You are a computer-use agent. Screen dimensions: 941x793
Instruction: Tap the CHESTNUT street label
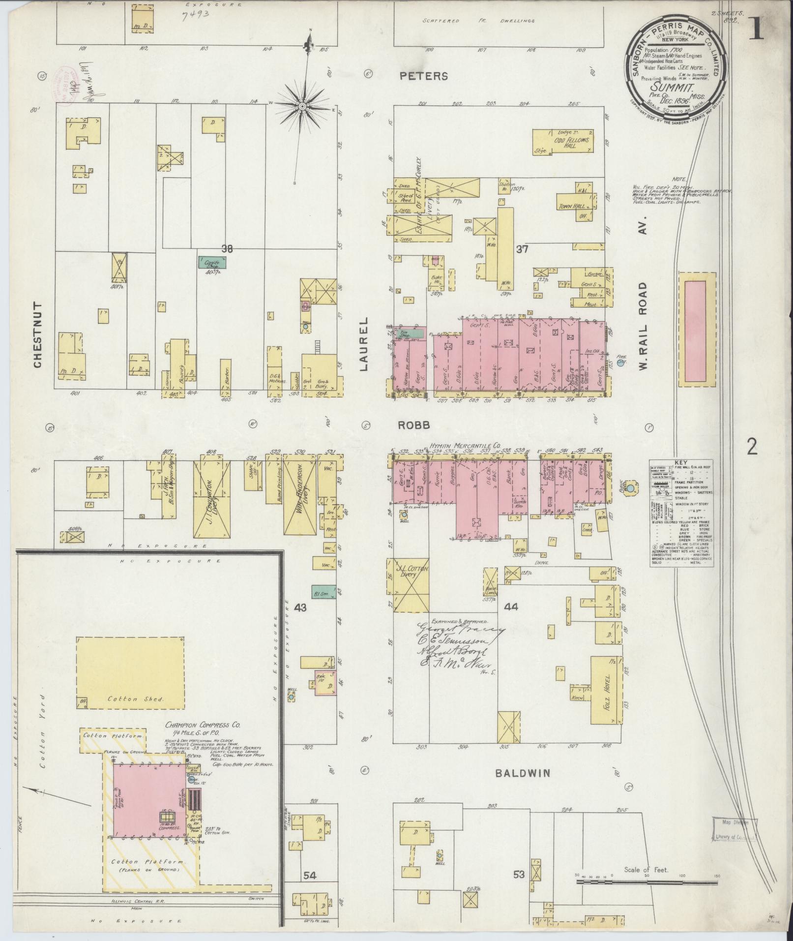[x=38, y=335]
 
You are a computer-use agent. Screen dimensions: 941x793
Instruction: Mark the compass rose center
[x=302, y=106]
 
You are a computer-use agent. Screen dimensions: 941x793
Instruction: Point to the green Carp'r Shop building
[x=212, y=262]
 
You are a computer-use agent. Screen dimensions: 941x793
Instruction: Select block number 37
[x=522, y=249]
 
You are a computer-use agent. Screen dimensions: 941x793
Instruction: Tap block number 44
[x=511, y=607]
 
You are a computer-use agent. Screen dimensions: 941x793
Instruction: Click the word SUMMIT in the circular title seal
[x=671, y=89]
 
